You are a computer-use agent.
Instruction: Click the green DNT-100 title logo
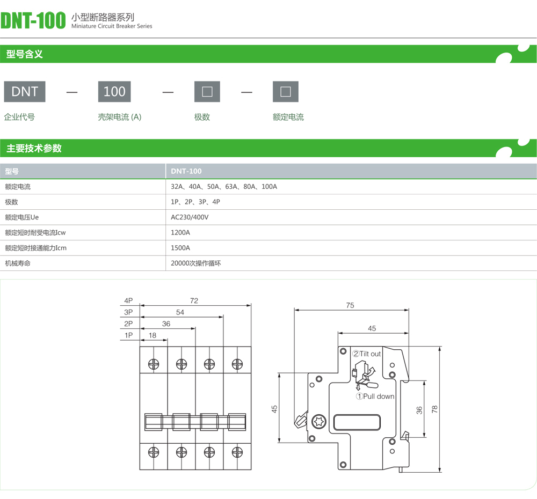33,20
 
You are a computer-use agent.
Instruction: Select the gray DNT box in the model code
25,92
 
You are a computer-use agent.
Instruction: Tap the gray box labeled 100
114,92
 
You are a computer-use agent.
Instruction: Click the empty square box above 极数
207,92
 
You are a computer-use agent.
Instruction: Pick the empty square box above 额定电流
286,92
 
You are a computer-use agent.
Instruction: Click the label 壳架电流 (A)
120,117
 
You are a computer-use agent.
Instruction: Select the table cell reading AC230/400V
190,217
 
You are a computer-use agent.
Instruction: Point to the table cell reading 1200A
180,233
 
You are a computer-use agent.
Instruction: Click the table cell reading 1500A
180,248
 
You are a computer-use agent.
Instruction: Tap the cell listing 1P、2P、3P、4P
195,202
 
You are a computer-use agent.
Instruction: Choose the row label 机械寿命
18,263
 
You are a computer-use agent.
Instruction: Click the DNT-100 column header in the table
186,171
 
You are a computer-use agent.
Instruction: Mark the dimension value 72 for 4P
194,300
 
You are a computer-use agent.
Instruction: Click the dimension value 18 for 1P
153,335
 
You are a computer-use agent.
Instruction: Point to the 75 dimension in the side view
350,305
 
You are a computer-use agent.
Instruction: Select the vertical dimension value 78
434,409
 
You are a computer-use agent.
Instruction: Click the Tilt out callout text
367,354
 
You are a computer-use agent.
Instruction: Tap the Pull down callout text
375,397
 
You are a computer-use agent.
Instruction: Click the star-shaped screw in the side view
319,421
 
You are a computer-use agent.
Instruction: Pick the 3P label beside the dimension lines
128,312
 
